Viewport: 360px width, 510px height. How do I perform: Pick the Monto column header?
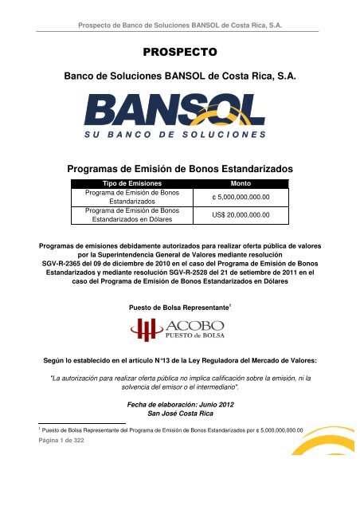tap(241, 183)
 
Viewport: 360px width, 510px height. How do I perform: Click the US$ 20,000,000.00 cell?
tap(241, 215)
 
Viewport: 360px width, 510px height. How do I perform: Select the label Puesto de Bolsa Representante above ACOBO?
tap(177, 307)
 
